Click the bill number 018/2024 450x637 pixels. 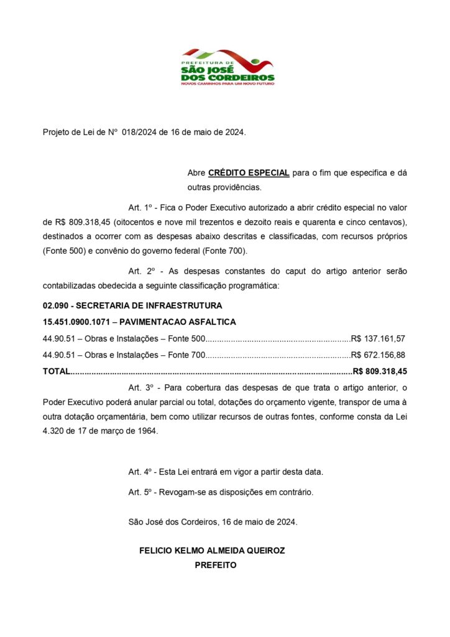[140, 133]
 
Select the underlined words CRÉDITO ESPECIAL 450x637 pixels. [249, 172]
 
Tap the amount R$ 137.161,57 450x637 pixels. [378, 339]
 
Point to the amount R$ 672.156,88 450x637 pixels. [378, 355]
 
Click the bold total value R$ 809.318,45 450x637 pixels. [380, 371]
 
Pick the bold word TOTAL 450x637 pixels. [57, 371]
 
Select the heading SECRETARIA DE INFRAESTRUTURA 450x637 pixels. [149, 306]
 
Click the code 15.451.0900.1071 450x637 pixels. [76, 322]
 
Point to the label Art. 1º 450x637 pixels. [140, 207]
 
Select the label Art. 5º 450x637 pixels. [140, 493]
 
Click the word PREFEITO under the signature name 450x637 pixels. [216, 565]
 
